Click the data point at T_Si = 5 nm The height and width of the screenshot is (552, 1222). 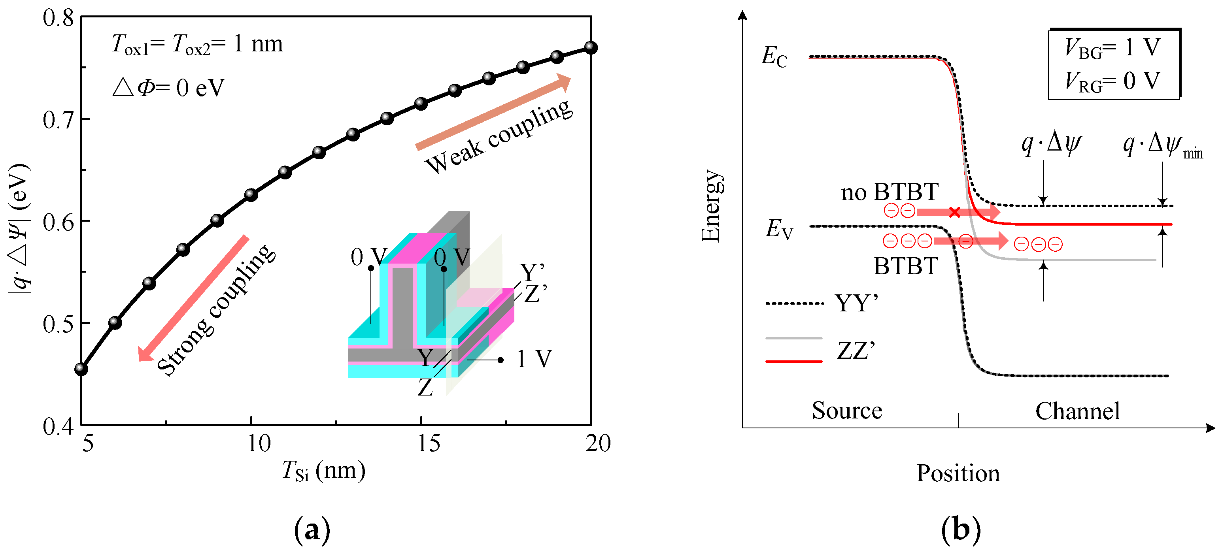click(x=81, y=369)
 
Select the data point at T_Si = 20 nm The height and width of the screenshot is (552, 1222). click(x=591, y=47)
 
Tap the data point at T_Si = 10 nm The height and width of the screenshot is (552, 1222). click(x=251, y=194)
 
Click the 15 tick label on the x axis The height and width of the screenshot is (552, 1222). click(x=429, y=444)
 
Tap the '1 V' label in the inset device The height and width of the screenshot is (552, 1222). click(x=534, y=359)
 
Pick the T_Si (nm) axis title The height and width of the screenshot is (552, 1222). click(x=323, y=471)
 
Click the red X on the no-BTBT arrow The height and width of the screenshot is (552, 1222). click(x=954, y=212)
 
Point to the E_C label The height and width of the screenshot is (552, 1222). click(x=774, y=57)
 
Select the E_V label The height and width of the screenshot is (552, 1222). click(x=778, y=230)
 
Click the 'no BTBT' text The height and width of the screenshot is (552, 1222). click(x=890, y=192)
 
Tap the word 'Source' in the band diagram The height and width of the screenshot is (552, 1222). click(x=847, y=411)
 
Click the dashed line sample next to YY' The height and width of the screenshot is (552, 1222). click(x=795, y=303)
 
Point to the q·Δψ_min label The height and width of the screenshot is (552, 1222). click(x=1162, y=145)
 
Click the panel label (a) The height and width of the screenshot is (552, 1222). click(x=312, y=530)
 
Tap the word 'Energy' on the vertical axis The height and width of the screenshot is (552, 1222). click(x=711, y=206)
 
